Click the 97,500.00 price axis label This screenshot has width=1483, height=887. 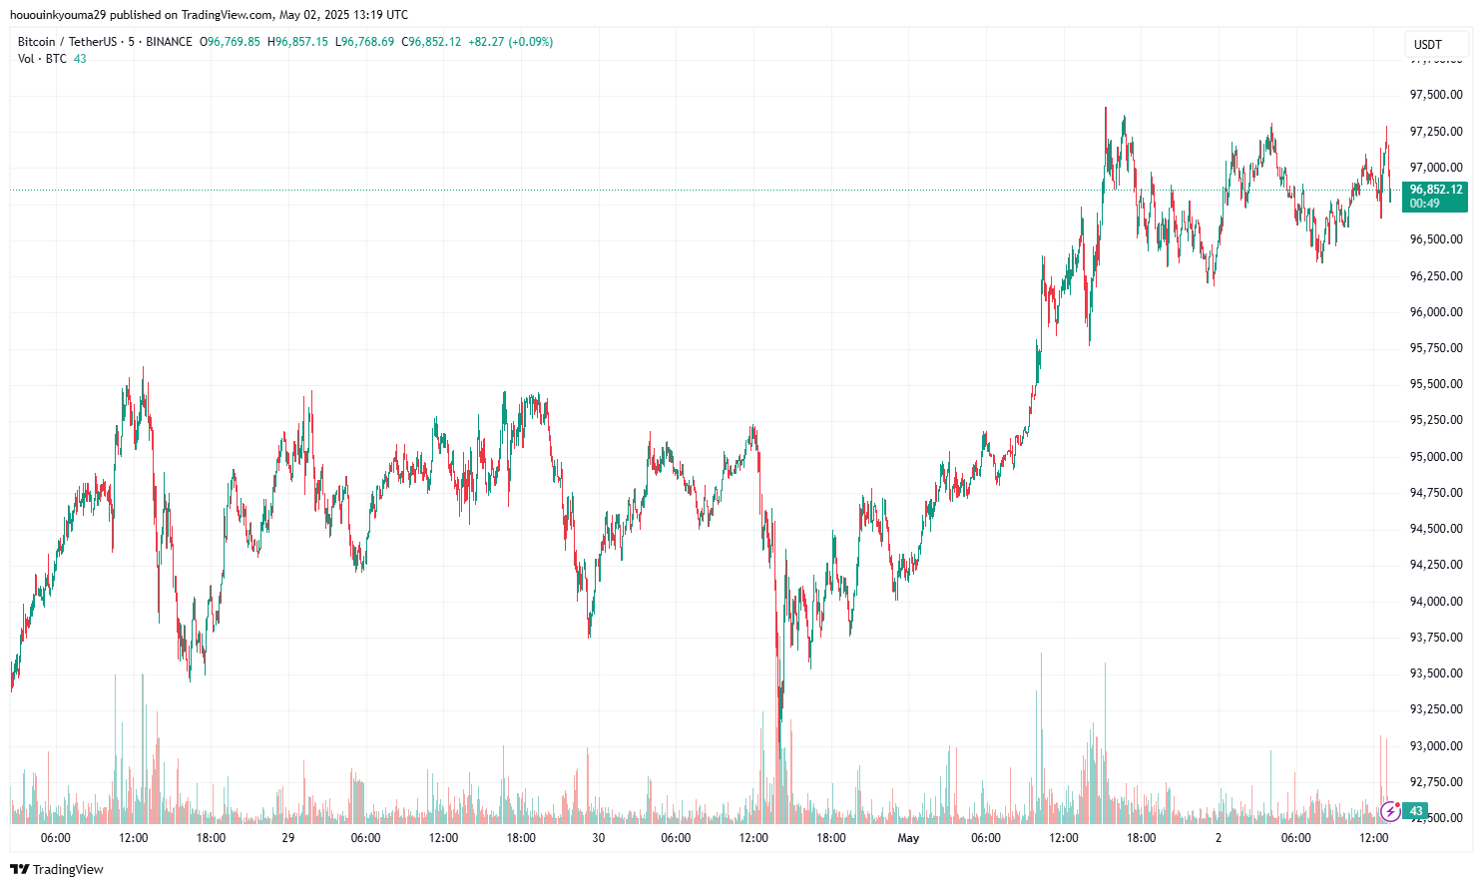(x=1435, y=95)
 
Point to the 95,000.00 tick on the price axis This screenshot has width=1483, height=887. (x=1435, y=457)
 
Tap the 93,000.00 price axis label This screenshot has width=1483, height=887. (x=1435, y=746)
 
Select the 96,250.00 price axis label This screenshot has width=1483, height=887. (x=1435, y=276)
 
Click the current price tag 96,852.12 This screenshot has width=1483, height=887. (x=1435, y=190)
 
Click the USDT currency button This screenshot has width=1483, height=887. (x=1428, y=44)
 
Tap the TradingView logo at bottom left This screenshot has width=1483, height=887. (x=57, y=869)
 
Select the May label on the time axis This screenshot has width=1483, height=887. (x=908, y=838)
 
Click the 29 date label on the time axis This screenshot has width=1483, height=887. (x=288, y=838)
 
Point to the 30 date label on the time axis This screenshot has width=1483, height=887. (x=599, y=838)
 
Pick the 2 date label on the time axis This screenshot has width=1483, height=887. (x=1219, y=838)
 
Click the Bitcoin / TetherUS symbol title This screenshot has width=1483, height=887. (x=66, y=42)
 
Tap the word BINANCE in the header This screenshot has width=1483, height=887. (x=169, y=42)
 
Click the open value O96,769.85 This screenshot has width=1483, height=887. (x=231, y=42)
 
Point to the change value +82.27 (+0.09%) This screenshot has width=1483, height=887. (x=510, y=42)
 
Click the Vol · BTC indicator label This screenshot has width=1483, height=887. (x=42, y=59)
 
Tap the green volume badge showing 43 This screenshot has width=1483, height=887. (x=1416, y=811)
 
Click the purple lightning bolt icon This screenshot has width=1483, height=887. (x=1389, y=811)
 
